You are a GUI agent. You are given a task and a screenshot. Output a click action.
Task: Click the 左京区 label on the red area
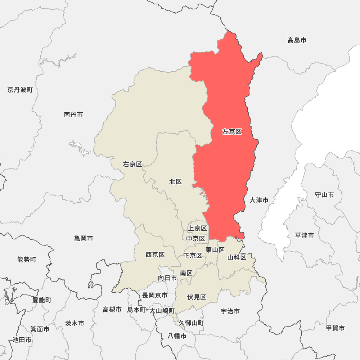[232, 132]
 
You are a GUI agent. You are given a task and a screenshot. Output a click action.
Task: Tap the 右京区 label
[132, 165]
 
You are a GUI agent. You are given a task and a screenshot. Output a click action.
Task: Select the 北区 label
[175, 182]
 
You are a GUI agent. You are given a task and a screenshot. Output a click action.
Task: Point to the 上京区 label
[198, 228]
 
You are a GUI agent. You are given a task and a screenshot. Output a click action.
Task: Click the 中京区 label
[195, 238]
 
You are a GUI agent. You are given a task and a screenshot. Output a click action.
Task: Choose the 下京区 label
[193, 256]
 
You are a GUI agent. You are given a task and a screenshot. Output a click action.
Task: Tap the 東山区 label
[215, 250]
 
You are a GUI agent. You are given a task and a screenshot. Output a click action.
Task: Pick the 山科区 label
[237, 257]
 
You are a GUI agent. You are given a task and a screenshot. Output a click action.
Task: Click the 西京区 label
[155, 255]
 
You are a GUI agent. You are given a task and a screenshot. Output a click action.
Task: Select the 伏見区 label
[197, 297]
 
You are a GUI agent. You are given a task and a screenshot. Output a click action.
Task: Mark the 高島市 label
[297, 40]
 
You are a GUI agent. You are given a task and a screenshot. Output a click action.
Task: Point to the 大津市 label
[259, 200]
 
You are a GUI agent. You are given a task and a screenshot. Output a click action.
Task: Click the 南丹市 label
[73, 114]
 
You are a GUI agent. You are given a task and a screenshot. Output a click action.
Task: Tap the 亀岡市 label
[84, 238]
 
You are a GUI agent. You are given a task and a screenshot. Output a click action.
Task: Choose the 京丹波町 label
[20, 90]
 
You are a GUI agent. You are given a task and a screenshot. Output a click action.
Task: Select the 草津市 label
[304, 235]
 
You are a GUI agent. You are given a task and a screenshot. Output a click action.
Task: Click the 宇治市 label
[230, 311]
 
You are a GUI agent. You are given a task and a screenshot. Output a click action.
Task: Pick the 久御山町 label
[191, 323]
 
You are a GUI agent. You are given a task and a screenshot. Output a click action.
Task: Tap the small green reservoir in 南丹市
[80, 148]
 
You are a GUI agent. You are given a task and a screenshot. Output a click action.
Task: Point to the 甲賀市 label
[335, 328]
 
